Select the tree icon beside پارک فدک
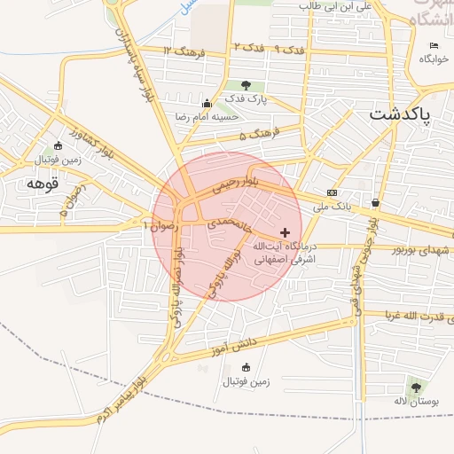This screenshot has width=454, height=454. tap(245, 85)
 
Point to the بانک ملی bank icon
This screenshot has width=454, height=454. tap(332, 192)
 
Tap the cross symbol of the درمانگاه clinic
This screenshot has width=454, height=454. tap(284, 231)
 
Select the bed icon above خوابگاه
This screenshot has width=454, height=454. tap(434, 46)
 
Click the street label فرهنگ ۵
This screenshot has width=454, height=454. tap(259, 136)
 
